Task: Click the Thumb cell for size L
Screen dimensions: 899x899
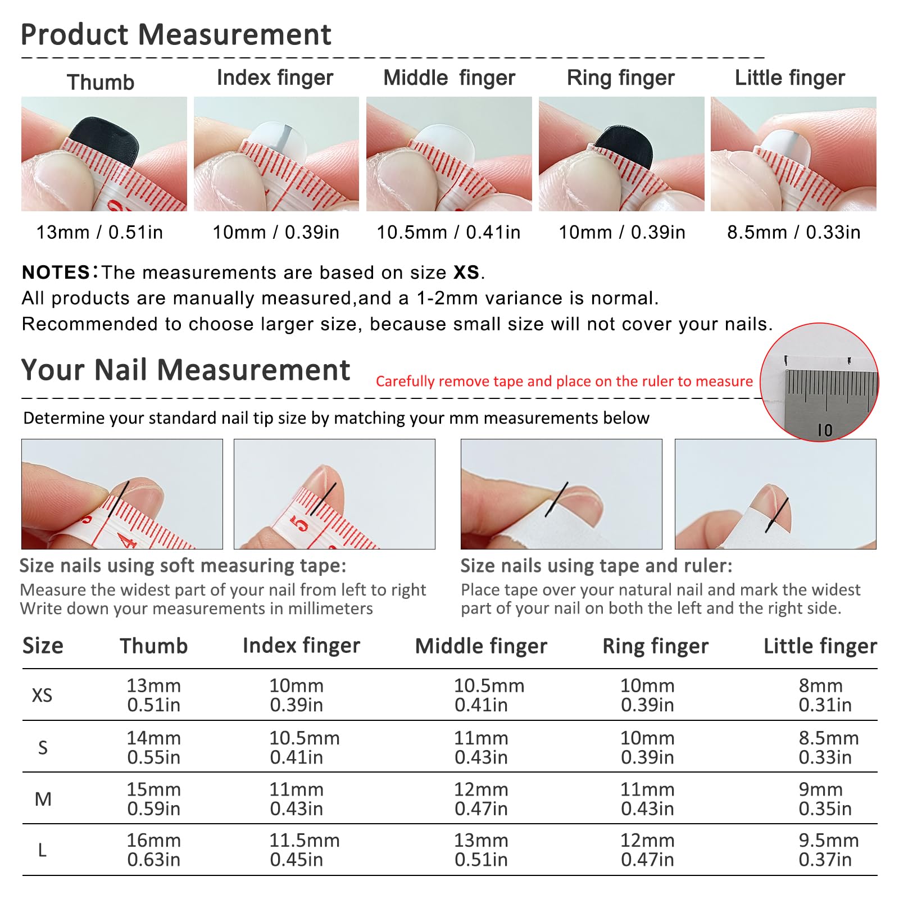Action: (154, 850)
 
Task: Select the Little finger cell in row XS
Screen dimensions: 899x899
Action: (825, 695)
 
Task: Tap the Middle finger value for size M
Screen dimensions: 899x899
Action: (481, 798)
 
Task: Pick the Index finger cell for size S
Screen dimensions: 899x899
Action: (305, 747)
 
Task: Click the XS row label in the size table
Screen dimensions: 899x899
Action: (42, 696)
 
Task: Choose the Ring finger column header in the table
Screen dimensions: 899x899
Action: (655, 646)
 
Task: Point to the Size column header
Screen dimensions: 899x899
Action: (43, 646)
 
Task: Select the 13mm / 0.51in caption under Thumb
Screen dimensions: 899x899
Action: (99, 232)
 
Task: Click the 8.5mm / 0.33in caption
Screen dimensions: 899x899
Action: (793, 232)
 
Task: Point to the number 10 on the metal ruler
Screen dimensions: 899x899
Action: (825, 430)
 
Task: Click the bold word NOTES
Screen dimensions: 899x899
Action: (56, 273)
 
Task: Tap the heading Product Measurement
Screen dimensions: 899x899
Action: (176, 34)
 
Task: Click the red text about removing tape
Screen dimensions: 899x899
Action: (564, 381)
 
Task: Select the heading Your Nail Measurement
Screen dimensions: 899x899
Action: (185, 370)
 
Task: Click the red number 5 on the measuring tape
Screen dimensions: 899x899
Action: (300, 523)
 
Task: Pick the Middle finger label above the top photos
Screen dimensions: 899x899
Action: (449, 78)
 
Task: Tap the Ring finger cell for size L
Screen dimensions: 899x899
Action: (647, 850)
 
